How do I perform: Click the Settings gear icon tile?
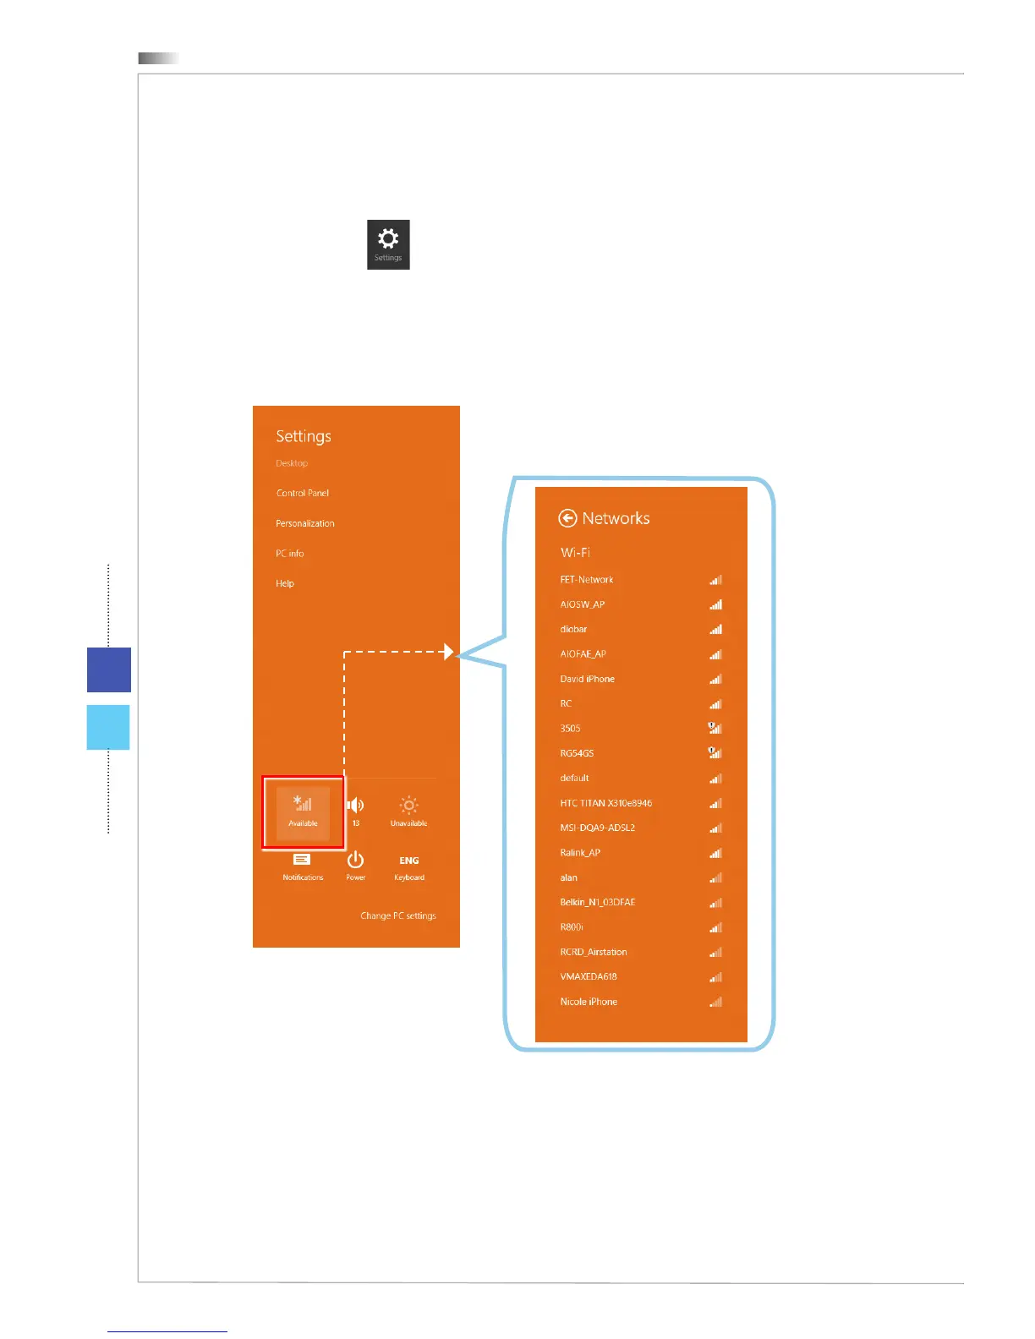[388, 243]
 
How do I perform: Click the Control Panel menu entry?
[303, 493]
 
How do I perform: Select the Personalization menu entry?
[305, 523]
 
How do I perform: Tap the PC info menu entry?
[290, 554]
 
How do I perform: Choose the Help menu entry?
[285, 583]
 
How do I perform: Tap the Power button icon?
[355, 861]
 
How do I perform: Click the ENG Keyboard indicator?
[409, 861]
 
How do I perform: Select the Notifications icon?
[302, 860]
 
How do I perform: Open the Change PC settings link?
[398, 915]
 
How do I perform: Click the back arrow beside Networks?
[568, 518]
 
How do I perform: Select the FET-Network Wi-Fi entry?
[587, 580]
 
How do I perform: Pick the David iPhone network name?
[588, 679]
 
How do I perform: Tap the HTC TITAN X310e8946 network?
[606, 803]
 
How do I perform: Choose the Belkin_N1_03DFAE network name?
[598, 902]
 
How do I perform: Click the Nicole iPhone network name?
[589, 1002]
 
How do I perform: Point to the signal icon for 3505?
[715, 728]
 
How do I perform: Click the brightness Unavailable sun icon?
[409, 806]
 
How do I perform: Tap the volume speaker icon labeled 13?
[356, 806]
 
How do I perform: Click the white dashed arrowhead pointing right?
[449, 652]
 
